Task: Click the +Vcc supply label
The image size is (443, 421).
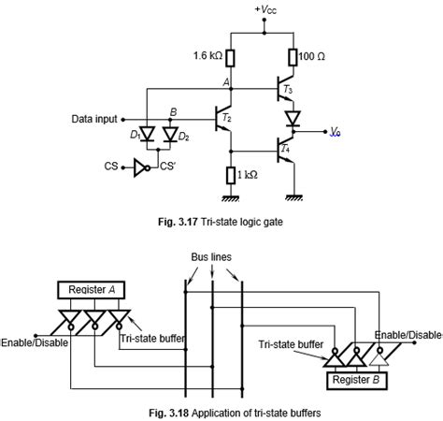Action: tap(264, 11)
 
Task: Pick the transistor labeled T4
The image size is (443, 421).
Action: tap(282, 148)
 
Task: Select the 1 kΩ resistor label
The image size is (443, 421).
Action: tap(249, 174)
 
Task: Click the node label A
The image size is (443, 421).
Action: tap(225, 82)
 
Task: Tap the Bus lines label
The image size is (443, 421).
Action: tap(213, 255)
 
